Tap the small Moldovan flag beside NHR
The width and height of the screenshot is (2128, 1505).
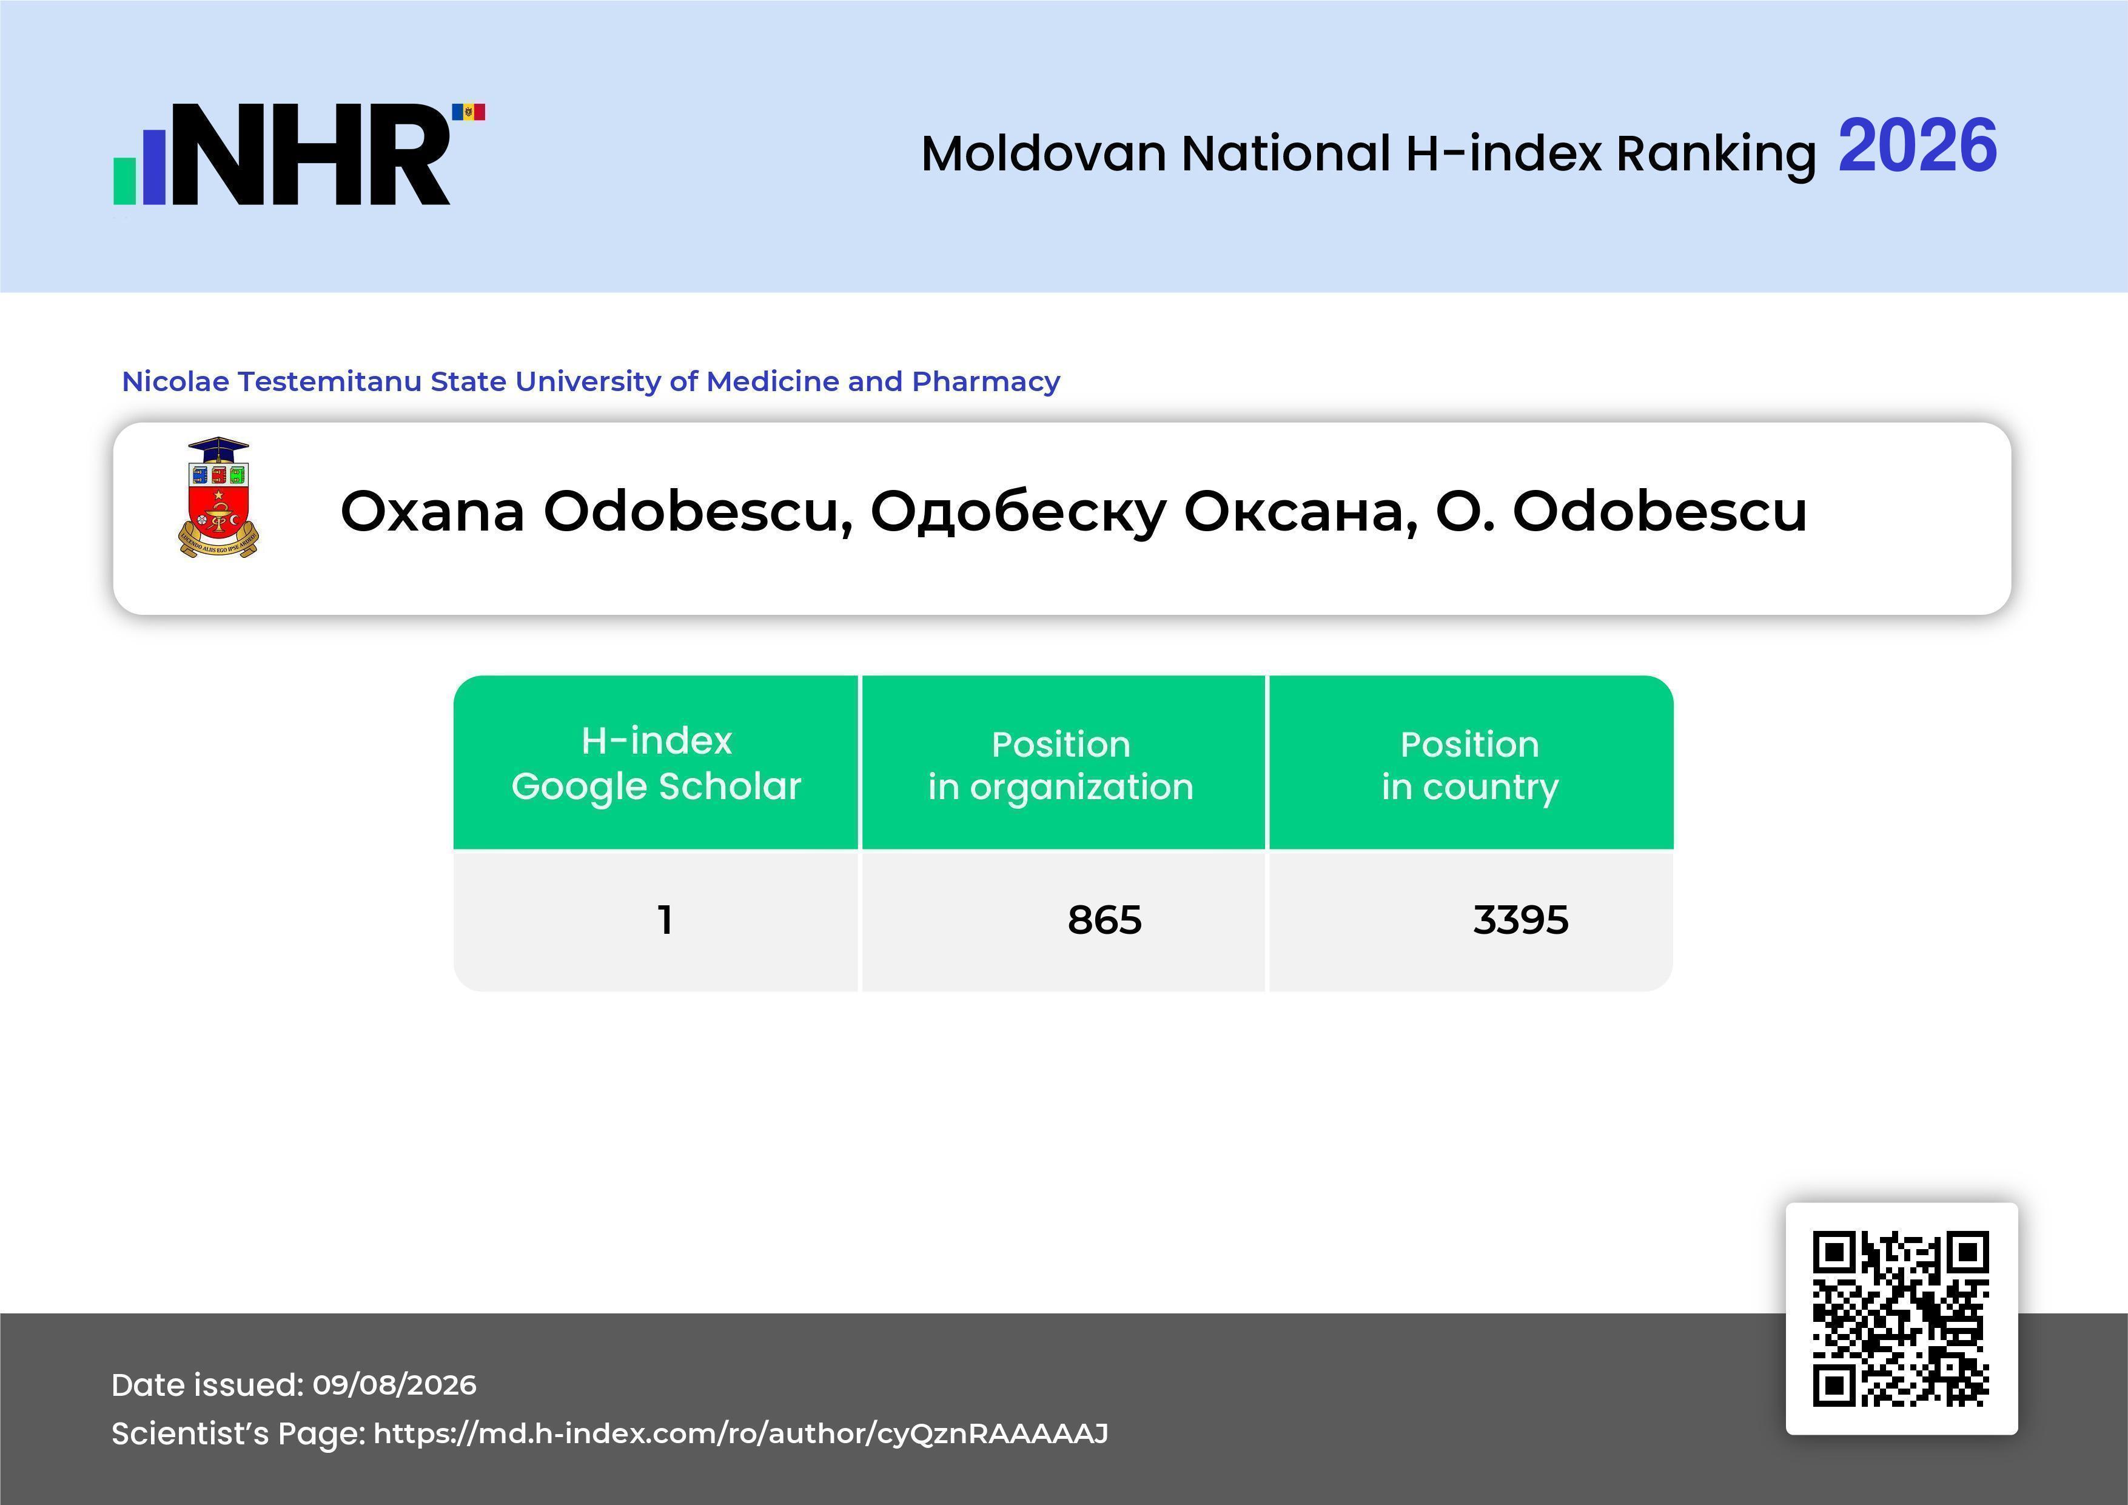tap(468, 112)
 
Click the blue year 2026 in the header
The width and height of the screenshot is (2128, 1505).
tap(1917, 146)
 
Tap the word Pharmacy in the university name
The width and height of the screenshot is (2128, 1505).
tap(985, 382)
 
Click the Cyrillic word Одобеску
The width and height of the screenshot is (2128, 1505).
tap(1018, 512)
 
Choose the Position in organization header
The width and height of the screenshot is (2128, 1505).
tap(1061, 765)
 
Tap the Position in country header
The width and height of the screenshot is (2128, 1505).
tap(1470, 765)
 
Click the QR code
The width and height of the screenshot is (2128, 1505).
tap(1901, 1318)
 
